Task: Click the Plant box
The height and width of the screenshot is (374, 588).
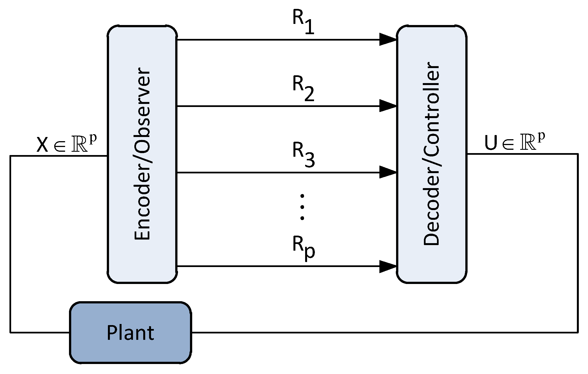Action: pos(130,332)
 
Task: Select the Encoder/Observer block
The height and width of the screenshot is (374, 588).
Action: pos(142,154)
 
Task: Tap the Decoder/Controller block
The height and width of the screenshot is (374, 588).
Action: pos(431,154)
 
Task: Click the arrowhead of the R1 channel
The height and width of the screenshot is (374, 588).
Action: pos(388,39)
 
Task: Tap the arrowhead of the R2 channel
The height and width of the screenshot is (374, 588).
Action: pos(388,106)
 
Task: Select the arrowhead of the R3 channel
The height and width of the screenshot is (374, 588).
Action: pos(388,172)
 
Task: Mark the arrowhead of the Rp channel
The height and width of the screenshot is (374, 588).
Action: pos(388,266)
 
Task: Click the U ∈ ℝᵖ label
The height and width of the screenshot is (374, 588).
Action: pos(515,142)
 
